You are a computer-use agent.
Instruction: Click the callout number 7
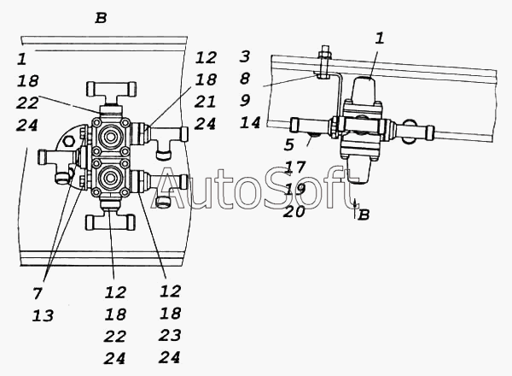(38, 293)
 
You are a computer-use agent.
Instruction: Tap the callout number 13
(43, 316)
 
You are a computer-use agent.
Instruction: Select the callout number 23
(170, 335)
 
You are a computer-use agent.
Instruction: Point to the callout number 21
(205, 102)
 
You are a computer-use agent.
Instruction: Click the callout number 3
(245, 56)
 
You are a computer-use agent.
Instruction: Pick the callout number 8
(245, 79)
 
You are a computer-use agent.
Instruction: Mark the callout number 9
(245, 100)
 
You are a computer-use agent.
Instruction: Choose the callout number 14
(250, 122)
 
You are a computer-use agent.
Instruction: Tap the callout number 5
(289, 144)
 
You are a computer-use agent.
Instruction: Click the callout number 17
(295, 167)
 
